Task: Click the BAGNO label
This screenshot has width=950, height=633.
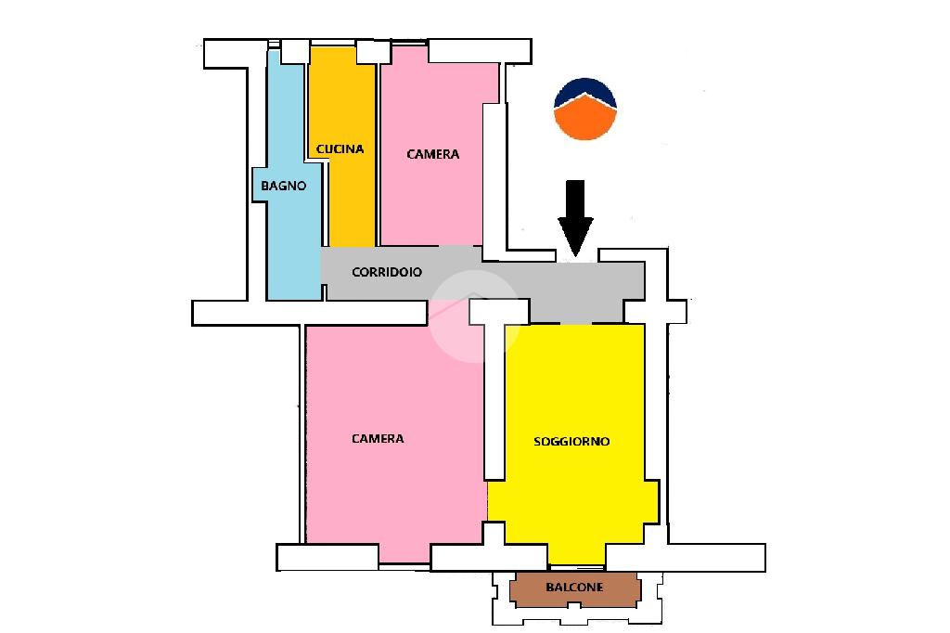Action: pos(283,186)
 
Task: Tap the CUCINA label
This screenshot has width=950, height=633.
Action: pos(340,149)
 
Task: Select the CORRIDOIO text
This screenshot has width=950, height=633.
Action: pos(387,273)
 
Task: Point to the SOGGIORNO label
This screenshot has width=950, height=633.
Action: pos(571,442)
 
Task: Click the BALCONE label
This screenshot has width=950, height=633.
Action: pos(574,588)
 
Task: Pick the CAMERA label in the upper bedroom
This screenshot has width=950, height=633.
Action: pos(432,154)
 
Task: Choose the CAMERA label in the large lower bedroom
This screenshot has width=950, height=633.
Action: pos(378,438)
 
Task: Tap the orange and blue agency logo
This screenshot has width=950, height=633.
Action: pos(585,109)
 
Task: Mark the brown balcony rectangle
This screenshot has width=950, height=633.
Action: pos(574,588)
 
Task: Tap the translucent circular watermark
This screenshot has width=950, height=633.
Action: pos(475,315)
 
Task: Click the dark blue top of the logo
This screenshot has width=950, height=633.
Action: pos(585,91)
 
